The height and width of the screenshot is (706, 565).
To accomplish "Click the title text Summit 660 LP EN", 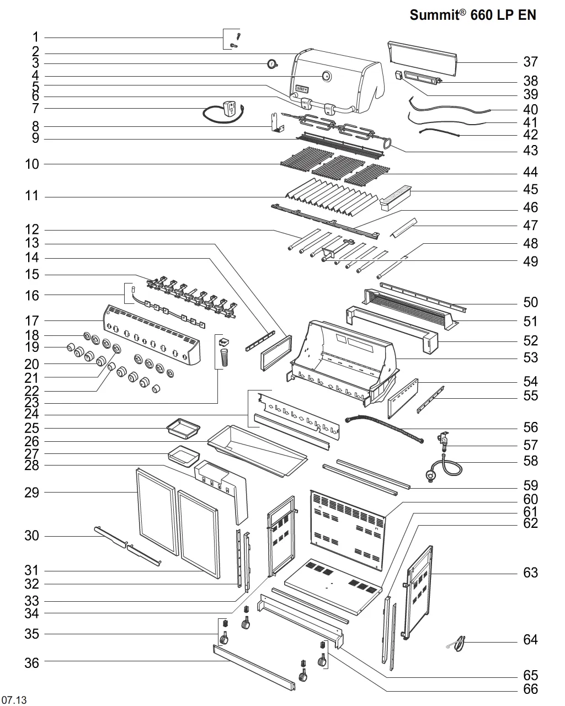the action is click(473, 15).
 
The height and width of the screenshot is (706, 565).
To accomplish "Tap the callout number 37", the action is click(531, 62).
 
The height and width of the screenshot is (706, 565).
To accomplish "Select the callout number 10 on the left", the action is click(32, 164).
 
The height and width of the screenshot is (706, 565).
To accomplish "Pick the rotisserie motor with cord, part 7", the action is click(224, 112).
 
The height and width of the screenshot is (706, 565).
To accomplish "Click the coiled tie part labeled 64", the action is click(457, 644).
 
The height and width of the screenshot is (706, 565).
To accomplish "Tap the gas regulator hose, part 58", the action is click(443, 467).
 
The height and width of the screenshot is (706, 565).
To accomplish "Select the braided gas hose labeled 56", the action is click(384, 429).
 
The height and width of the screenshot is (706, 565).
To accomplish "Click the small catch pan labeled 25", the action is click(183, 429).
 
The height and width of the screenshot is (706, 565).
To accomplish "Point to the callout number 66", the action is click(531, 689).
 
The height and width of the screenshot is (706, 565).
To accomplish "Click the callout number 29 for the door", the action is click(32, 493).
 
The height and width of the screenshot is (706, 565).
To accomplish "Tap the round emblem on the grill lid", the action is click(327, 77).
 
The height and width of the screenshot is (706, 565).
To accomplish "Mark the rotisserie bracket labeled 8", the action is click(277, 122).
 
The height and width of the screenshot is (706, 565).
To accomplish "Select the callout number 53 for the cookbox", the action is click(531, 357).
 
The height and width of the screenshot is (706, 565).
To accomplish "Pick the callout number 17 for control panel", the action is click(32, 321).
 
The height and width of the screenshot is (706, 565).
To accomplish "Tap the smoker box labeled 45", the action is click(395, 197).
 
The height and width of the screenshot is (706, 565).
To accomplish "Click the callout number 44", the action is click(531, 172).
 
